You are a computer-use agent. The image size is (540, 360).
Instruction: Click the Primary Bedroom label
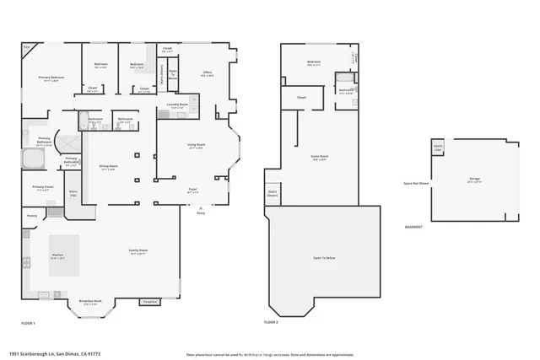click(52, 78)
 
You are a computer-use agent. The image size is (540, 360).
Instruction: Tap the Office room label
click(208, 73)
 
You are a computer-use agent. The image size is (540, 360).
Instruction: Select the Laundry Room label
click(178, 105)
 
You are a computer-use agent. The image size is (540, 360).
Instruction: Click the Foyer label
click(193, 191)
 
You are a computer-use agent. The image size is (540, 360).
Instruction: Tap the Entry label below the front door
click(201, 212)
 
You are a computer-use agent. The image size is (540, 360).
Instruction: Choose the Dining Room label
click(108, 168)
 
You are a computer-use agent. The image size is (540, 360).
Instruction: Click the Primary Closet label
click(43, 188)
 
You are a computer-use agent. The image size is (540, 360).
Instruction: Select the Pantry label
click(31, 216)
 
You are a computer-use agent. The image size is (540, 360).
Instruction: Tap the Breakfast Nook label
click(90, 302)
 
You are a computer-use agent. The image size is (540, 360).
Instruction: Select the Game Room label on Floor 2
click(320, 158)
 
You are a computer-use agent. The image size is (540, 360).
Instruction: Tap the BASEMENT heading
click(414, 228)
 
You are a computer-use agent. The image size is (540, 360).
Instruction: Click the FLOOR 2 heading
click(272, 322)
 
